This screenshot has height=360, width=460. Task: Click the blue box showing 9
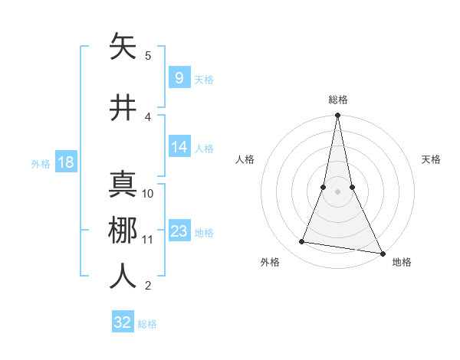pos(179,78)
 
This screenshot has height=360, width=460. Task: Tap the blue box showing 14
pos(179,147)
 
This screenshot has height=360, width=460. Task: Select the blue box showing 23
pos(179,231)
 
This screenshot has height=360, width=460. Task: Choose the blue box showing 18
pos(65,162)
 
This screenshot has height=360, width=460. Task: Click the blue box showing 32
pos(123,322)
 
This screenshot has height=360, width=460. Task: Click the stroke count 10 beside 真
pos(148,193)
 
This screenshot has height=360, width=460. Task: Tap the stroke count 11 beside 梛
pos(148,239)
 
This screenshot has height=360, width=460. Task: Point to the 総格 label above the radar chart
pos(338,100)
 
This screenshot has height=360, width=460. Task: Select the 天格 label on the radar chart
pos(432,159)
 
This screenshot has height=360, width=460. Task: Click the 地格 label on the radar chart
pos(402,262)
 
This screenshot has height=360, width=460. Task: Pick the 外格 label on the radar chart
pos(270,262)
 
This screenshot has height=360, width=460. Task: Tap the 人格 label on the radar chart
pos(245,159)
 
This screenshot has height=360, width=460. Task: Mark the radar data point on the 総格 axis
pos(337,116)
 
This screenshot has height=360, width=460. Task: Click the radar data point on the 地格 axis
pos(382,253)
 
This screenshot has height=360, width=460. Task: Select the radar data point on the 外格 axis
pos(302,242)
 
